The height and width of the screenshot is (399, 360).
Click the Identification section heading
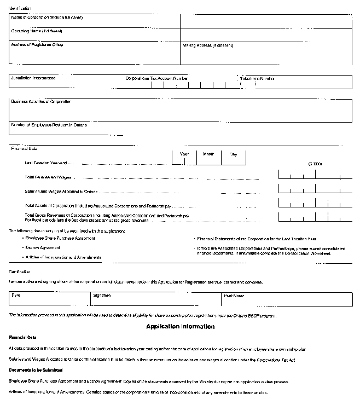(20, 8)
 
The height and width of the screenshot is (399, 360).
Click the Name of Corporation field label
(47, 18)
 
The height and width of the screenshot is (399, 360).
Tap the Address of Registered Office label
(37, 45)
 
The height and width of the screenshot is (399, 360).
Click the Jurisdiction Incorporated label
(33, 78)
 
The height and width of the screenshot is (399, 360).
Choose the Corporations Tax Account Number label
(157, 79)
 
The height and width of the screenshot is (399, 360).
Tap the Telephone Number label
(257, 79)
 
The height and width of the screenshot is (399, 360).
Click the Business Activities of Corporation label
(41, 102)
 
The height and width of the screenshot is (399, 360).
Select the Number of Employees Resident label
(49, 125)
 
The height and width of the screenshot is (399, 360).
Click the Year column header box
(184, 154)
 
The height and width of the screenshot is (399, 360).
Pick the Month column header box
(208, 154)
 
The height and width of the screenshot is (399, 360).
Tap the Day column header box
(234, 154)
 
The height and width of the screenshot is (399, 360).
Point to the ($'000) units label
(315, 164)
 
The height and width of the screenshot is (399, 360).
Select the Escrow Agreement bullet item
(42, 247)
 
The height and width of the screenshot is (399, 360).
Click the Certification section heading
(20, 271)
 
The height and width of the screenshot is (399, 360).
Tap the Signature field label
(102, 296)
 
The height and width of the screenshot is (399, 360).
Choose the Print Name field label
(234, 296)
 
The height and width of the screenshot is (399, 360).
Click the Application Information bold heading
(180, 327)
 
